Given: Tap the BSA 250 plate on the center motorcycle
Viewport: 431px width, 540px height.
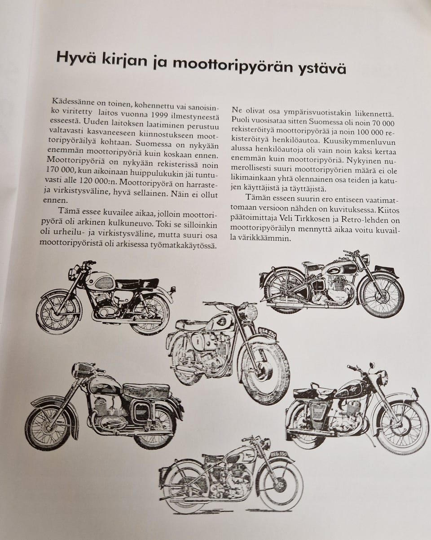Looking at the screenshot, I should [267, 333].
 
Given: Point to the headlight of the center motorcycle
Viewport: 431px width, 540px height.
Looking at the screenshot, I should [248, 312].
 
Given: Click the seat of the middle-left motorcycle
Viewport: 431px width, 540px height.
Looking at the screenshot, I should [146, 390].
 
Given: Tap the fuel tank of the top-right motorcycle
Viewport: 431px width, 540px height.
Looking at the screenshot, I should [340, 268].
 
